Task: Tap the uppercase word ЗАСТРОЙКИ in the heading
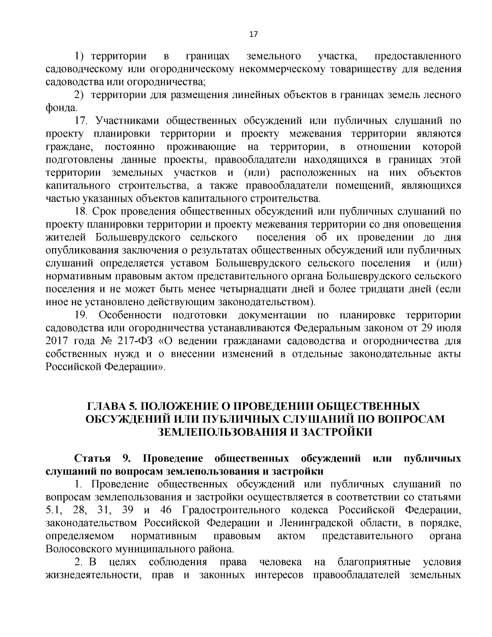[x=337, y=432]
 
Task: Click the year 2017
[x=56, y=341]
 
